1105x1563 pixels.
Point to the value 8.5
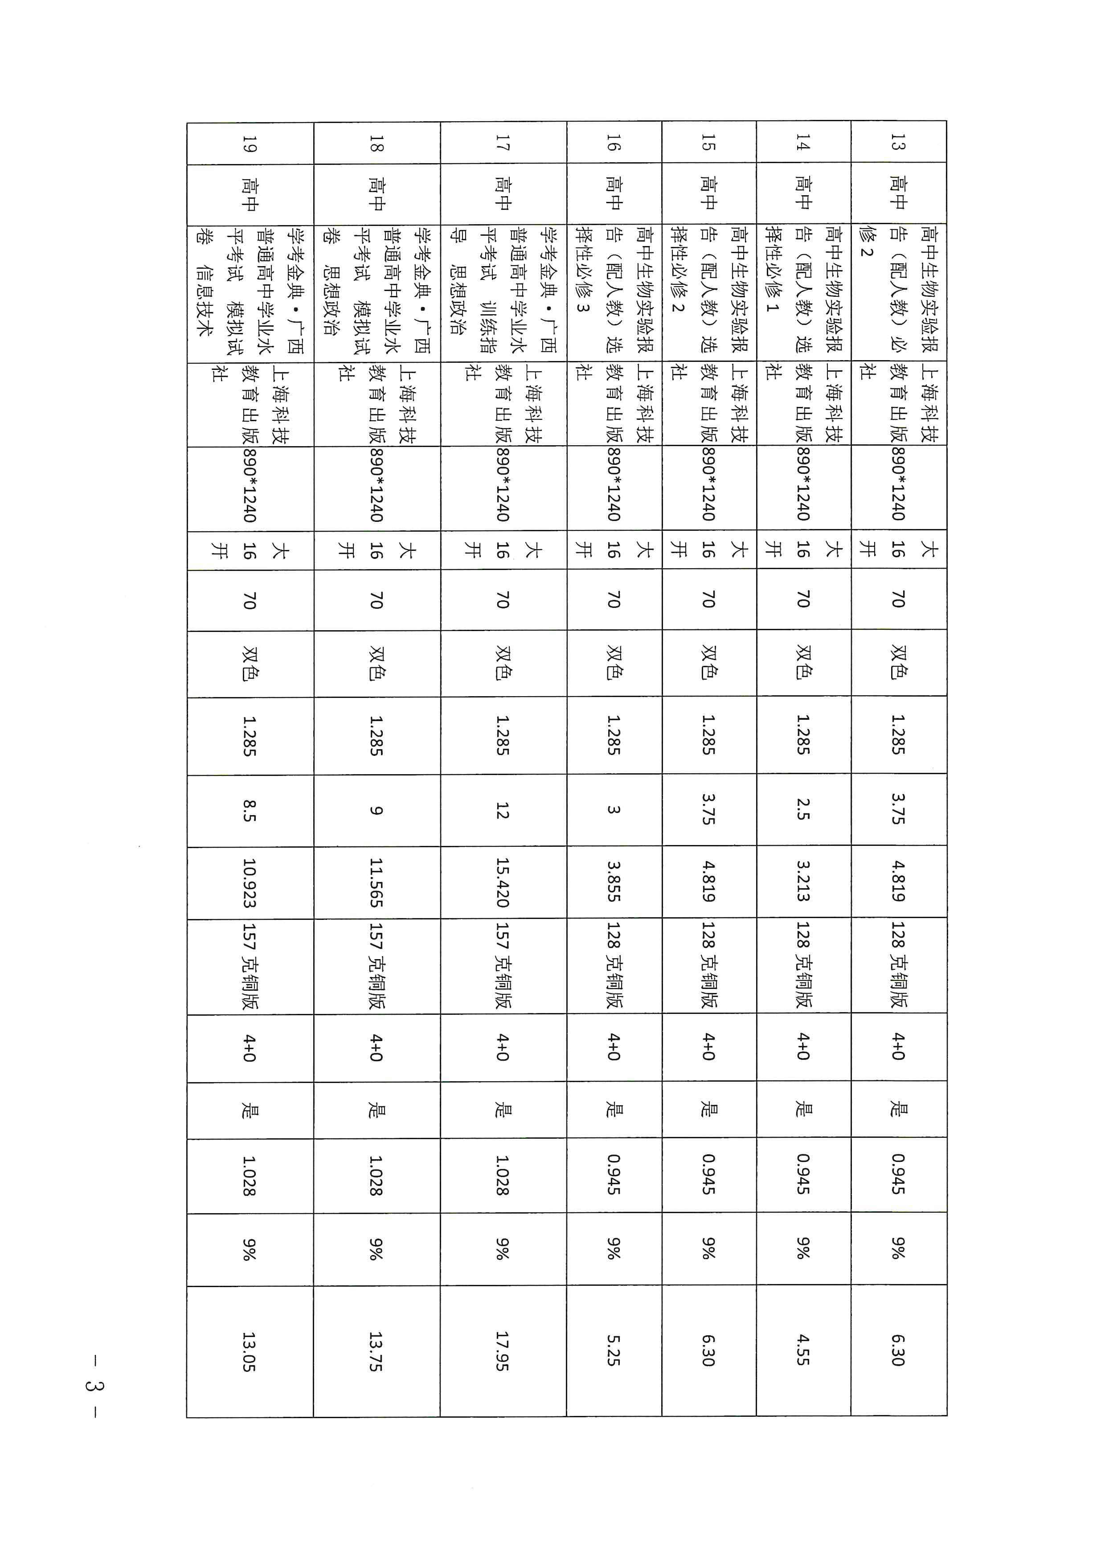(249, 810)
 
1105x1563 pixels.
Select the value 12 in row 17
(502, 810)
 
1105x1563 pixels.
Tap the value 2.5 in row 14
(803, 810)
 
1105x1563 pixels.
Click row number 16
(613, 143)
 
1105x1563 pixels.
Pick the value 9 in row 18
(376, 810)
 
